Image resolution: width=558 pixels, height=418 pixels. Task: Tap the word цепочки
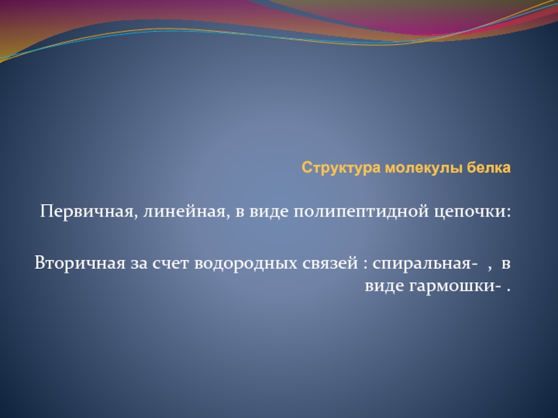coord(469,212)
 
